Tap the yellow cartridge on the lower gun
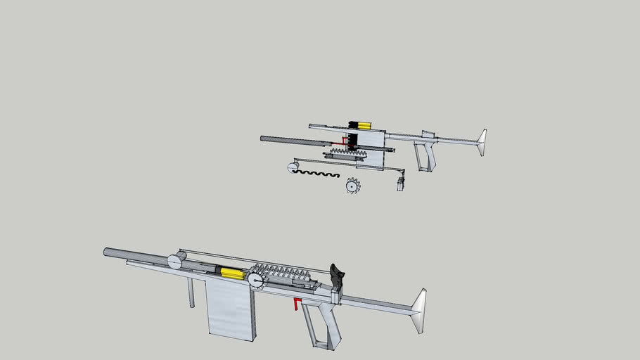point(229,272)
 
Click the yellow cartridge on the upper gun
point(364,124)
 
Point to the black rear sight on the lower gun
point(337,276)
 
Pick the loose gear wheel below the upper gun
point(352,186)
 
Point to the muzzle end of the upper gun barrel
point(263,139)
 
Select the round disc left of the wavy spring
point(291,168)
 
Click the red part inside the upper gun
point(345,141)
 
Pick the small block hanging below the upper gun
point(401,184)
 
